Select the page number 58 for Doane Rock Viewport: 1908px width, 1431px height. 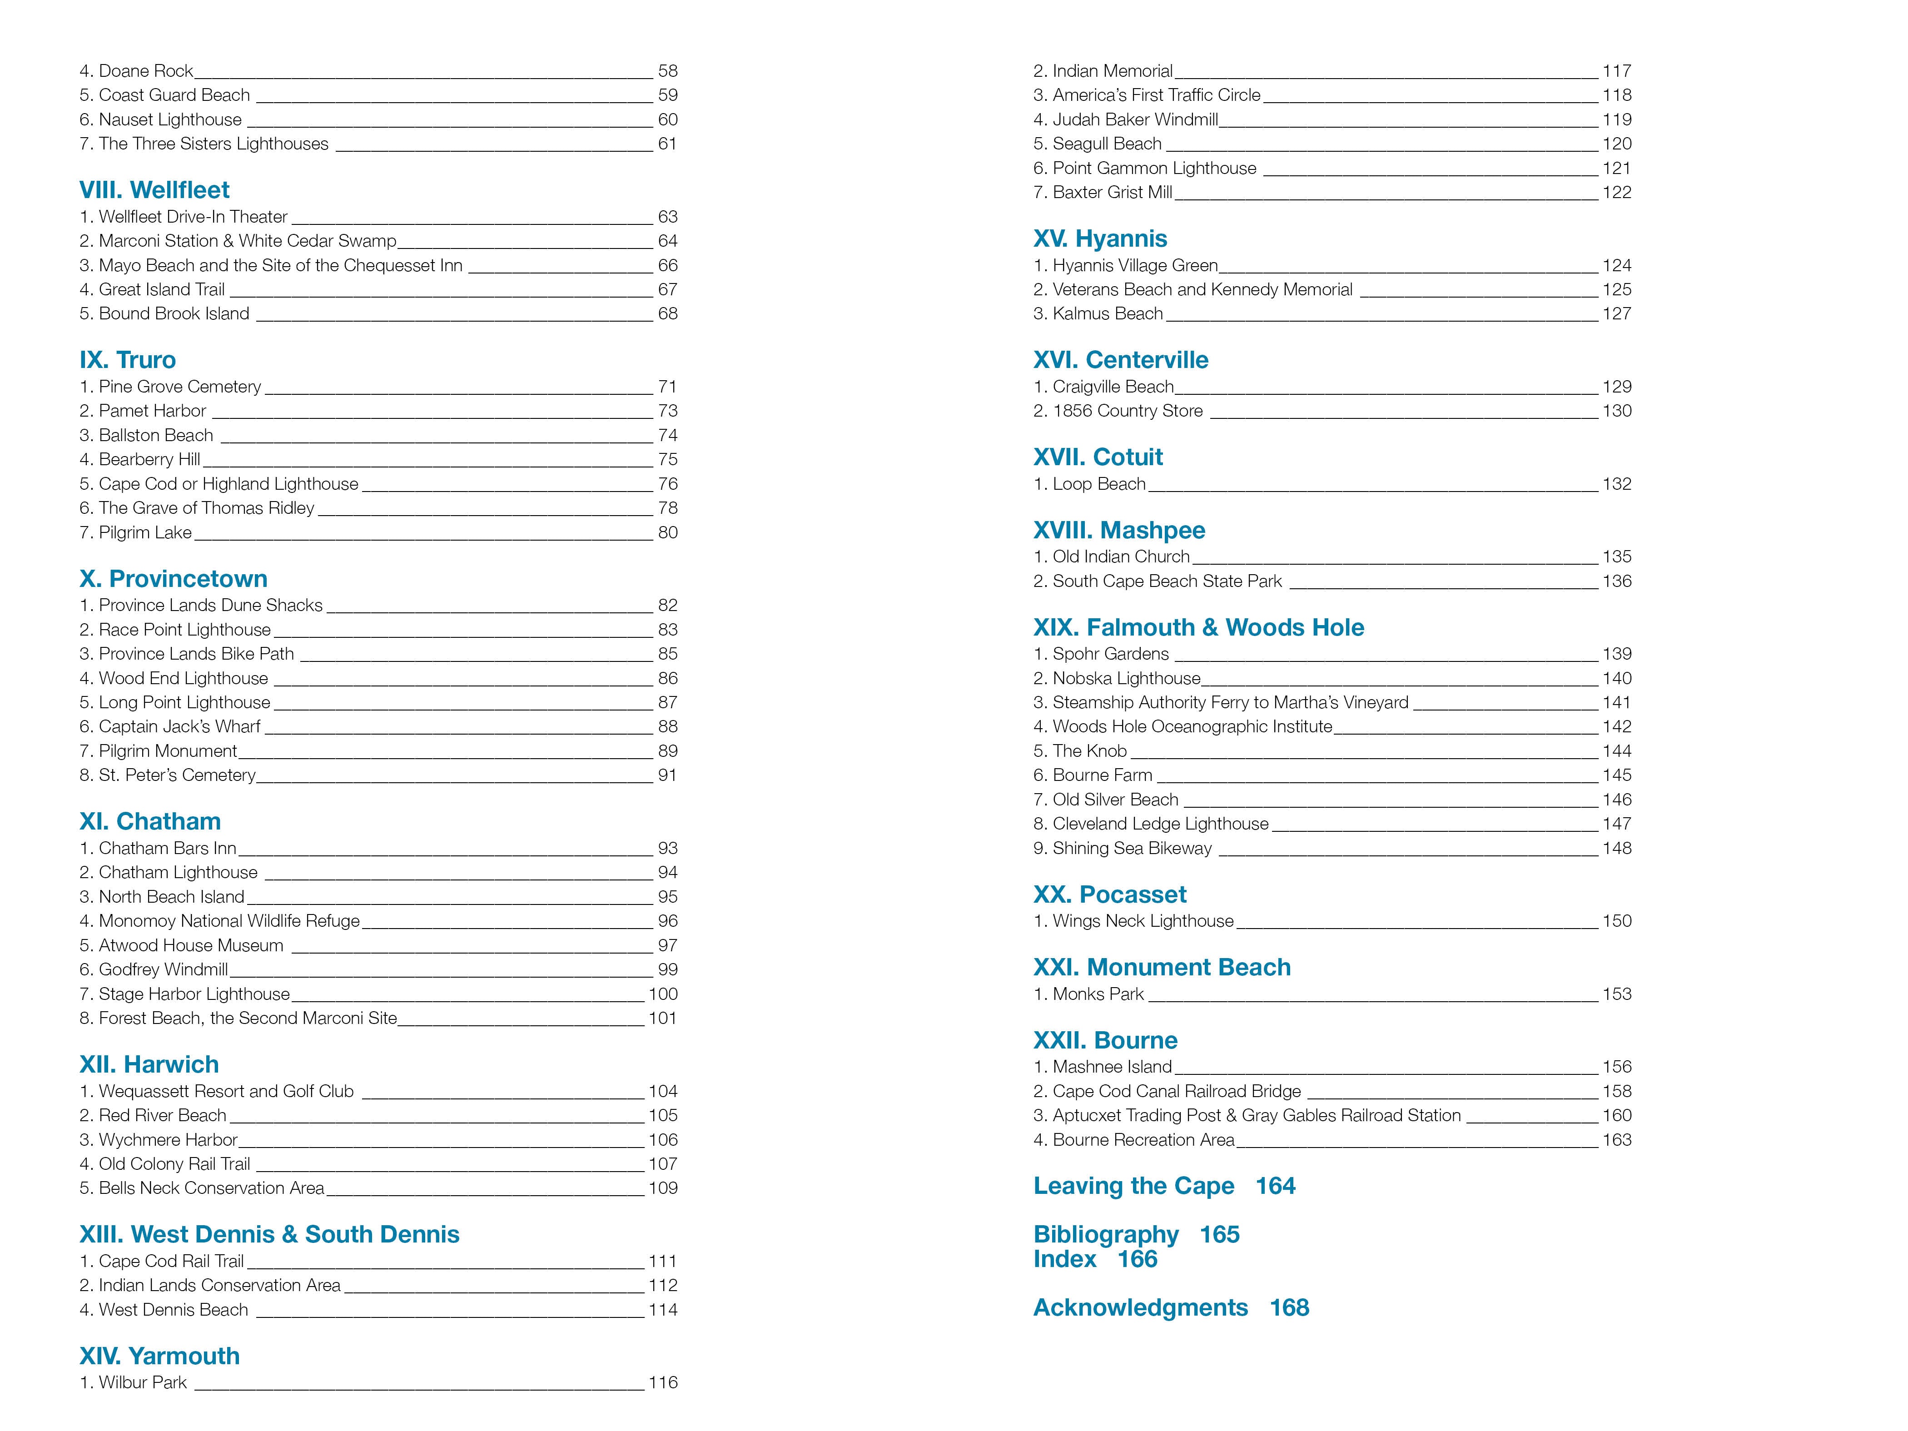[668, 71]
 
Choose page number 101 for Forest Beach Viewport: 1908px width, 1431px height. [662, 1019]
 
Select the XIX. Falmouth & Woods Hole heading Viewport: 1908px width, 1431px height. [1198, 628]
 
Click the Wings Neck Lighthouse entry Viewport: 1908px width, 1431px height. [1133, 921]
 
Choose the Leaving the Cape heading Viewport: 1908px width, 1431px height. [1133, 1186]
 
